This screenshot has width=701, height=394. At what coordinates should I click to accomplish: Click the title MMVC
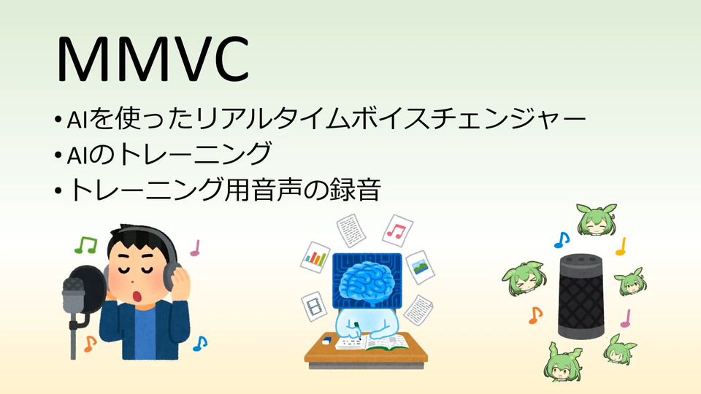tap(153, 59)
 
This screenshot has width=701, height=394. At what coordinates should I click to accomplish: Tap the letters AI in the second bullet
tap(76, 155)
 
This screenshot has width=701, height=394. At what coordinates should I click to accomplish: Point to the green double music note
tap(86, 245)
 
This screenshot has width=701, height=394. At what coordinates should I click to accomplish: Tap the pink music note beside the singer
tap(195, 248)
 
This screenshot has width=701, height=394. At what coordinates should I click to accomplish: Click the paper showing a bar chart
tap(315, 258)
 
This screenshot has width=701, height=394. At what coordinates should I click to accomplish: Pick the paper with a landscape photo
tap(420, 267)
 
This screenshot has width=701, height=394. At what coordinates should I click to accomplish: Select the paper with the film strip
tap(313, 306)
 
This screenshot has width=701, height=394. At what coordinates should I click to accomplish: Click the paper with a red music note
tap(397, 231)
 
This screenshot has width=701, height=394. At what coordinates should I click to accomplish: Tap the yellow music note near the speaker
tap(621, 247)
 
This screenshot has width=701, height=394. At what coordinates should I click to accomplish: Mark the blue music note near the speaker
tap(562, 240)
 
